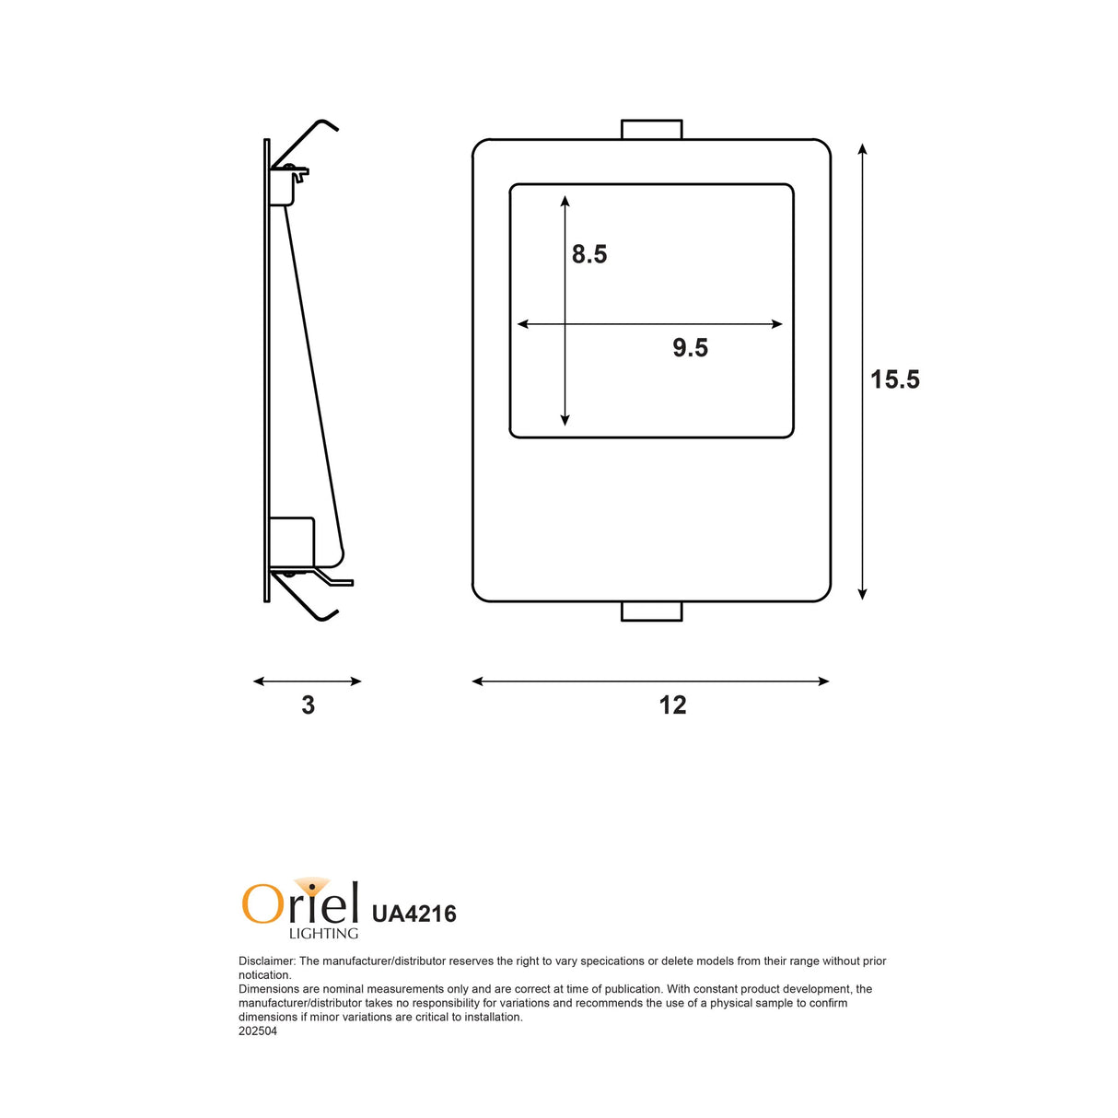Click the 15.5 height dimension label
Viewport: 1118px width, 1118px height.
click(894, 379)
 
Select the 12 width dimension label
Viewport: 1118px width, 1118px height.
click(672, 705)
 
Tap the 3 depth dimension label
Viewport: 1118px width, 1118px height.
click(308, 705)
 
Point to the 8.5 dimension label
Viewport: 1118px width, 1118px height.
click(589, 254)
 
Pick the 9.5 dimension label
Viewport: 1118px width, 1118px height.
click(690, 348)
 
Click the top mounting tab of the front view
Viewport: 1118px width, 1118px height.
click(651, 129)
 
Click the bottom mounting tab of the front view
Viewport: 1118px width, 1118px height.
click(651, 611)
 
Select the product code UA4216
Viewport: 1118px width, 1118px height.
click(413, 914)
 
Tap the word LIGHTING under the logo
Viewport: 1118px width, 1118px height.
click(323, 934)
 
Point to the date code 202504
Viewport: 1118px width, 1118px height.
click(258, 1031)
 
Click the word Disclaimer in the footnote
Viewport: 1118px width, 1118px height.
click(266, 961)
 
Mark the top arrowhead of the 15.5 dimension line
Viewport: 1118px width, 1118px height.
click(862, 148)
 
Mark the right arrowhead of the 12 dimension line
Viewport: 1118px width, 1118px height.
click(824, 681)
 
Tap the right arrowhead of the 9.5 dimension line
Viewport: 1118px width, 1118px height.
click(777, 324)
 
